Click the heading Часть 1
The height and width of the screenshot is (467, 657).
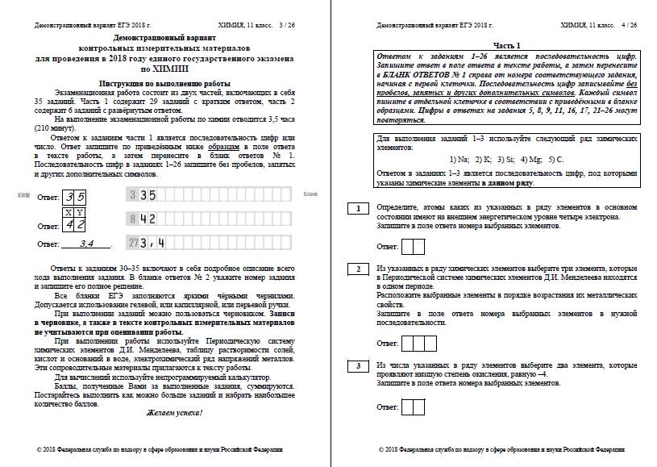(x=508, y=45)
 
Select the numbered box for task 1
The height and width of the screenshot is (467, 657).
(x=357, y=209)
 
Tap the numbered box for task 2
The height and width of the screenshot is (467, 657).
(x=357, y=269)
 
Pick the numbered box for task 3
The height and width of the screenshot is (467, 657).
(x=357, y=367)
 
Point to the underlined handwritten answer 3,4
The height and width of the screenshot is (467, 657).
(x=83, y=243)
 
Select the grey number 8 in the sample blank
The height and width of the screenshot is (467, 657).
(x=131, y=219)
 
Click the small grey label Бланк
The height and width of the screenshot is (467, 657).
(x=310, y=195)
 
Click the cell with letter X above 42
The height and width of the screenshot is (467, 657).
(x=69, y=211)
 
